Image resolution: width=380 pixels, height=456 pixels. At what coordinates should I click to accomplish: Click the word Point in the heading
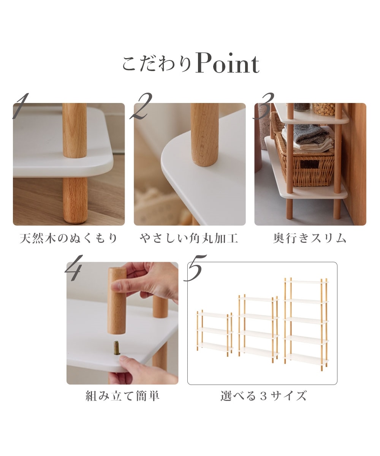227,64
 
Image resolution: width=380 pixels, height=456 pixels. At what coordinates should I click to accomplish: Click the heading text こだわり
157,64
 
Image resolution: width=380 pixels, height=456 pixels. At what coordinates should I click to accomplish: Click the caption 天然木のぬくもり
69,239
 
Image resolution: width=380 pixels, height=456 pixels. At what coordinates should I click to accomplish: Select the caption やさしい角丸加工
189,239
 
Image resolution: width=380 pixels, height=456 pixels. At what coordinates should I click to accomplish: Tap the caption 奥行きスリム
310,239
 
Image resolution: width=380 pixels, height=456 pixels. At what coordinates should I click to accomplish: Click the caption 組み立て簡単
122,396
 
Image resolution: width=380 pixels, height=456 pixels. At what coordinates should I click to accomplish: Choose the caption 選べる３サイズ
263,396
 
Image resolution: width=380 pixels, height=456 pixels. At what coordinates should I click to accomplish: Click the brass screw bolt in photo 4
117,348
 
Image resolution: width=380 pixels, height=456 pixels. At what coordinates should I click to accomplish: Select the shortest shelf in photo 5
214,331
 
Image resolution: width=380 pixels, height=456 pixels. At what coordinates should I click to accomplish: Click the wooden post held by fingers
117,300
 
